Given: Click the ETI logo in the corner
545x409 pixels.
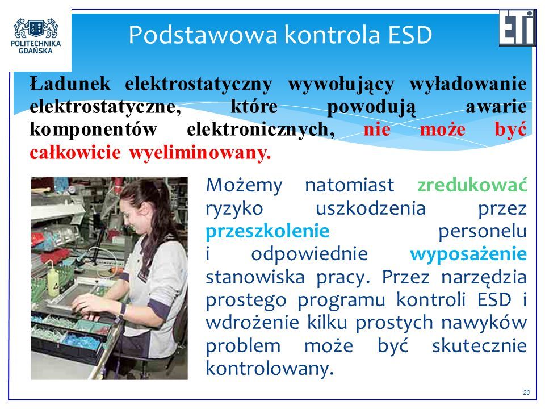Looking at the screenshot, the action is click(517, 28).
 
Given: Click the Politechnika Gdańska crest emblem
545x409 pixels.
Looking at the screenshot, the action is click(36, 28).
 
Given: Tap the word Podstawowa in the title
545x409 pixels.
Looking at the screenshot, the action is click(203, 35).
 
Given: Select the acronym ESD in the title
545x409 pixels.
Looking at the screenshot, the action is click(410, 35).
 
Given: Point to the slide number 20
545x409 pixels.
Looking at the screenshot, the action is click(526, 393).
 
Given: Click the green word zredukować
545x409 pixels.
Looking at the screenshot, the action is click(472, 185).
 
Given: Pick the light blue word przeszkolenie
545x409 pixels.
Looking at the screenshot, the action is click(267, 231).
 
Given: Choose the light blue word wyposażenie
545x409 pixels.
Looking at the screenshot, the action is click(468, 254).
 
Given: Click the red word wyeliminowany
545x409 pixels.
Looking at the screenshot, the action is click(200, 153).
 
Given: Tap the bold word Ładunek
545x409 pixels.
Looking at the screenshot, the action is click(70, 84).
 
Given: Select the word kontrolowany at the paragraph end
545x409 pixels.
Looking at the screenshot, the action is click(269, 369).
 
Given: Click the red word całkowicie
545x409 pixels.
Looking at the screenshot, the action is click(75, 152).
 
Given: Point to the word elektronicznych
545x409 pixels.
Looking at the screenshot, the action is click(261, 130).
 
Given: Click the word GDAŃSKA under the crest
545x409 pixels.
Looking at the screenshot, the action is click(36, 51).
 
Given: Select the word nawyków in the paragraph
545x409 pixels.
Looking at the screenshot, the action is click(484, 323).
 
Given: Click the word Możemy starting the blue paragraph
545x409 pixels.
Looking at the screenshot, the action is click(244, 185).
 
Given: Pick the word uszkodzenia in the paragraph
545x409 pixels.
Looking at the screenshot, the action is click(371, 208).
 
